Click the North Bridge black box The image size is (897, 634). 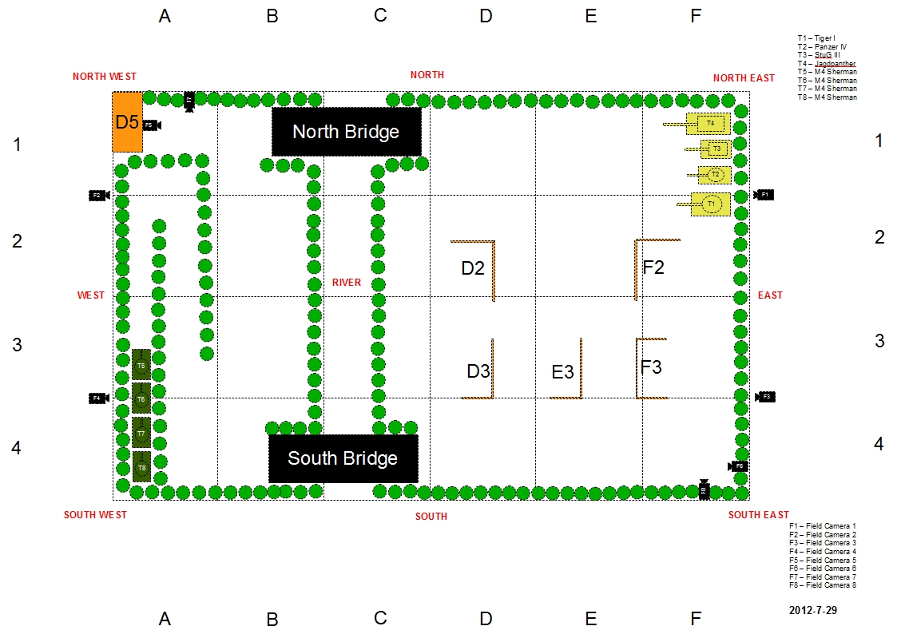[x=346, y=132]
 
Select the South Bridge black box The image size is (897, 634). [x=343, y=458]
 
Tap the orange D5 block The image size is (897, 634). [x=128, y=122]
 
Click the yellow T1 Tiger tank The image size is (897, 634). [x=710, y=204]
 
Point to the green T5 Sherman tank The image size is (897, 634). [x=141, y=365]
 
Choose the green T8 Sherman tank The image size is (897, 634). [x=141, y=467]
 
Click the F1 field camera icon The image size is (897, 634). [x=764, y=195]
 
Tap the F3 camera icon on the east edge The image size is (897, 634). [x=764, y=397]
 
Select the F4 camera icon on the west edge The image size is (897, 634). [x=98, y=398]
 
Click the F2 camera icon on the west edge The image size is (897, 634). [x=98, y=195]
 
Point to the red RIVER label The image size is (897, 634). [x=347, y=283]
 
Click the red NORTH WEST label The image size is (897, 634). [x=105, y=77]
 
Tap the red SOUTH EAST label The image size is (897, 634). [x=758, y=515]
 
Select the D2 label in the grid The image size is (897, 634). [x=473, y=268]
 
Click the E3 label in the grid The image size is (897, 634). [x=563, y=372]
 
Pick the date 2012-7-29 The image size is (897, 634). [x=812, y=609]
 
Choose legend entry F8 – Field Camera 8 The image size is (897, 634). [x=822, y=585]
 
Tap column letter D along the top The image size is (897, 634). [x=486, y=15]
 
